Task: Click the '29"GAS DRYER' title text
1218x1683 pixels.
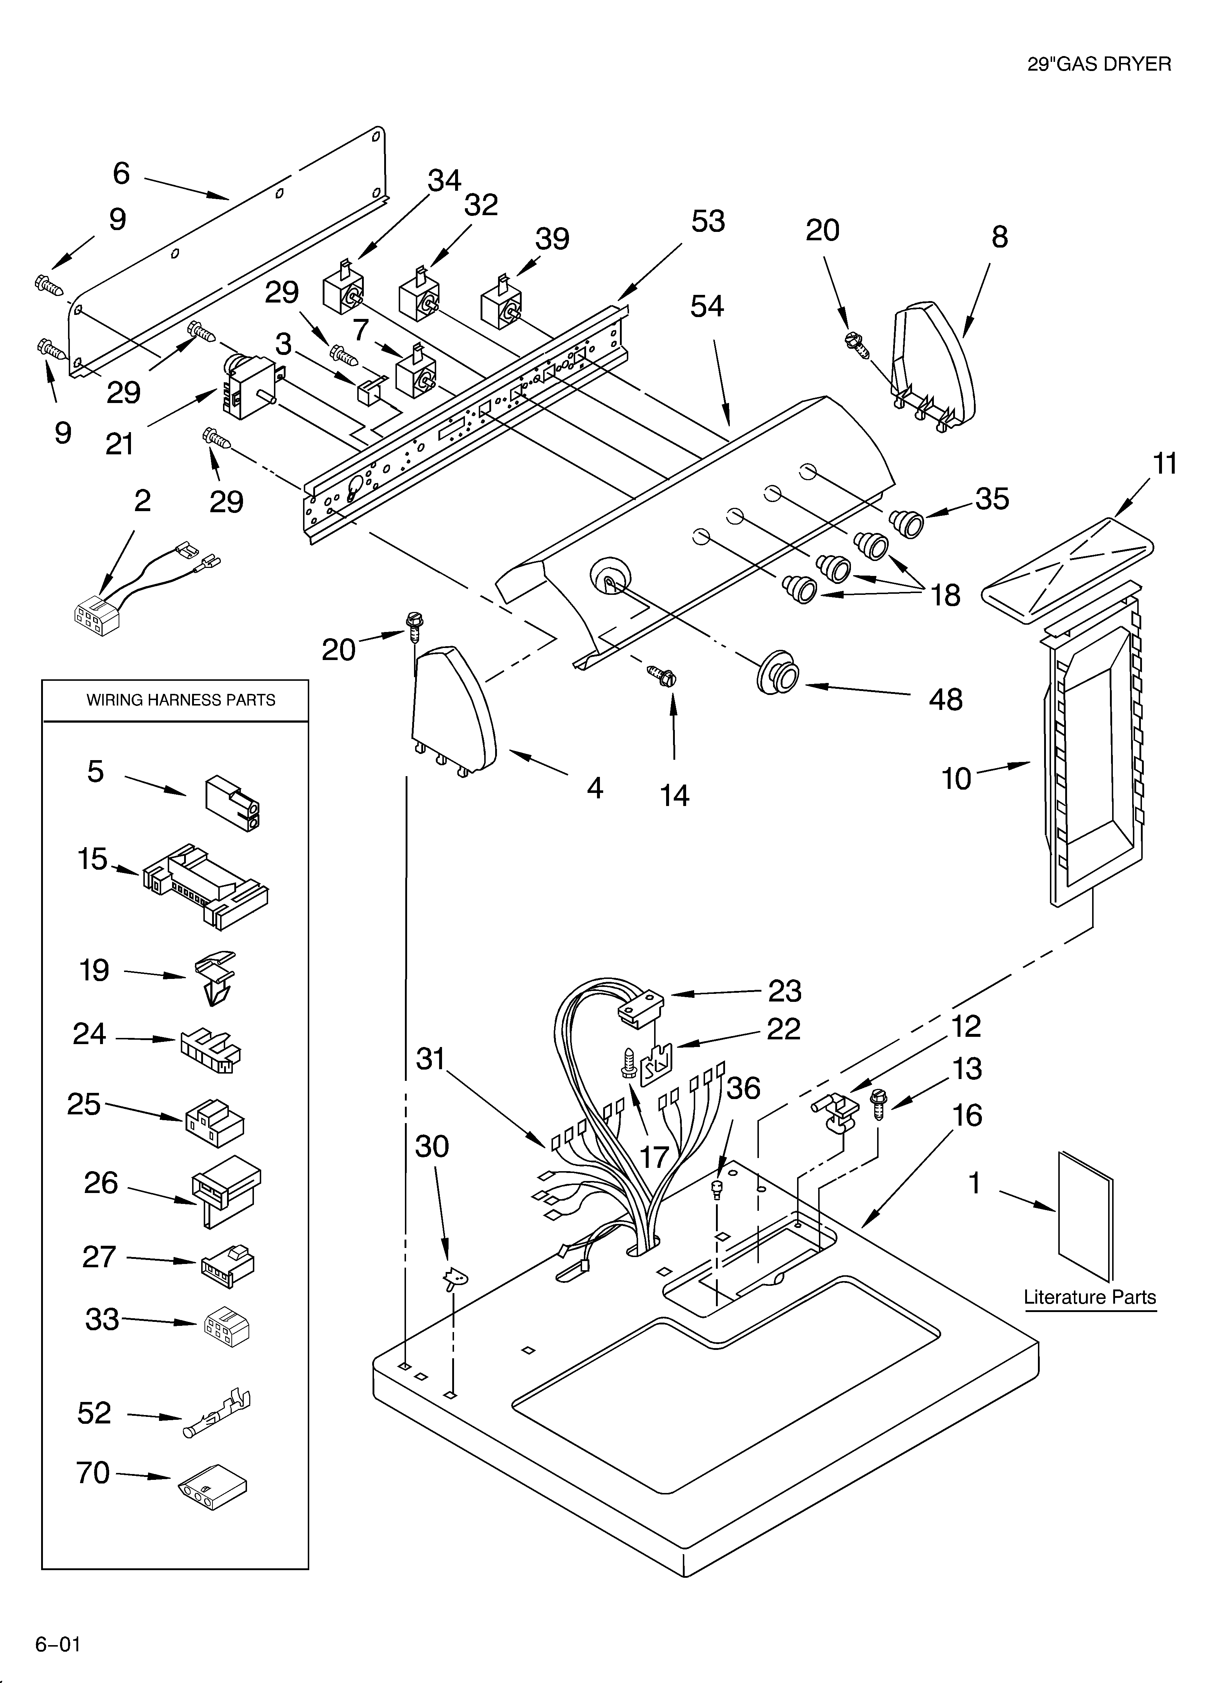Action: [x=1099, y=64]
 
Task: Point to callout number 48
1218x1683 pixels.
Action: [x=945, y=700]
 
